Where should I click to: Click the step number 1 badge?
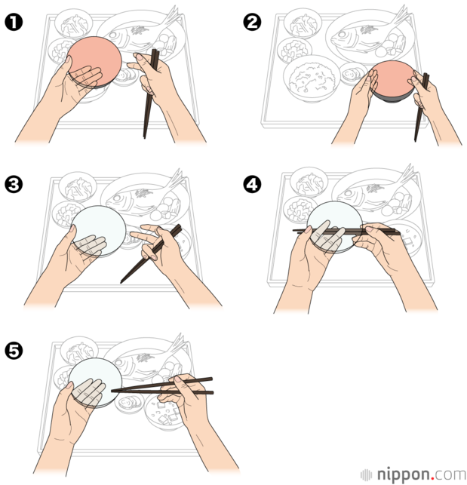14,23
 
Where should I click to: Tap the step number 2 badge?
252,23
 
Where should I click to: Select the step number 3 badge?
14,185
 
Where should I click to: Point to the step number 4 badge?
252,185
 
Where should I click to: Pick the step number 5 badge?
14,351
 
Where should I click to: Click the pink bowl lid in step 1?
95,61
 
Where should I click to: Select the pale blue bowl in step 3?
99,230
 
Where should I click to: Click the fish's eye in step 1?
113,35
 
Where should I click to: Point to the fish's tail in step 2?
401,16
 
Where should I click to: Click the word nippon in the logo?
403,474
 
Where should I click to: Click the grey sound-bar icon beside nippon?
366,474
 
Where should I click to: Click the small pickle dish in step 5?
129,403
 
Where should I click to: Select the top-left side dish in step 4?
309,183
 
